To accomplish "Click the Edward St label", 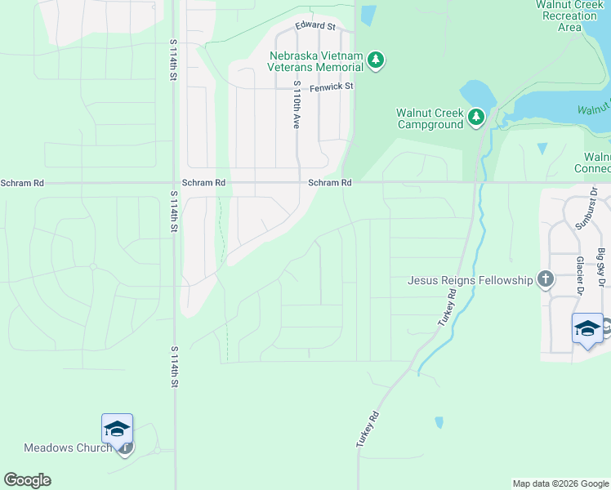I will [x=316, y=26].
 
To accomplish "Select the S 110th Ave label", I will [x=297, y=105].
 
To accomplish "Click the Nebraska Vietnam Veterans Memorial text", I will [x=316, y=61].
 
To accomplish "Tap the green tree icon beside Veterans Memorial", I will [x=376, y=60].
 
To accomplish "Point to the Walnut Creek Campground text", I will [x=430, y=118].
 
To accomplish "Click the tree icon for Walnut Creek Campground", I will [x=476, y=118].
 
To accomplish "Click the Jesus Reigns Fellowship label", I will [x=470, y=280].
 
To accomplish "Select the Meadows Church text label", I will [x=67, y=448].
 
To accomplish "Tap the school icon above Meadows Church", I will [x=117, y=429].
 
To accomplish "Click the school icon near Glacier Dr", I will [x=587, y=328].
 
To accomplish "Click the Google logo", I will [x=27, y=480].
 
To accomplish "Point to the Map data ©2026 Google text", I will [x=560, y=483].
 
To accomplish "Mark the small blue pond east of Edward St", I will [x=368, y=16].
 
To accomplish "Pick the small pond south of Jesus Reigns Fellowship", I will [x=439, y=422].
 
